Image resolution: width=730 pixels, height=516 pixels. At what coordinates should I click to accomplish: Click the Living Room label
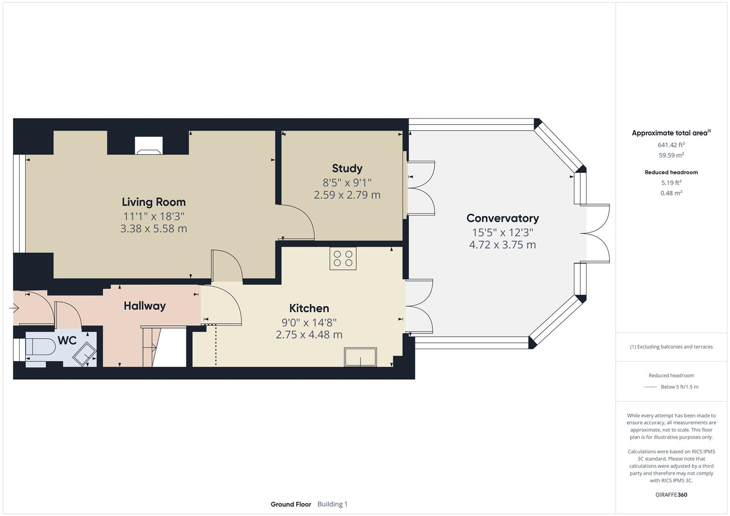153,202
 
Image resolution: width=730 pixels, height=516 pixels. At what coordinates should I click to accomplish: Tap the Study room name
347,168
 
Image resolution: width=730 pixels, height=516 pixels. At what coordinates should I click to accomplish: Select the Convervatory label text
502,218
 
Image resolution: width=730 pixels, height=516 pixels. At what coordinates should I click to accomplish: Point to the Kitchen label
309,308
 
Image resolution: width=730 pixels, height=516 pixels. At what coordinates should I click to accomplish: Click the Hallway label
144,306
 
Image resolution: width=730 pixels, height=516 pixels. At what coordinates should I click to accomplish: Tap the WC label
67,341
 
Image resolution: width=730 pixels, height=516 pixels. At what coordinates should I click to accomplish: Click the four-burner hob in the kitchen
343,258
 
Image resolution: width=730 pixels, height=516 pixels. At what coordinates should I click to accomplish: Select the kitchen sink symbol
360,357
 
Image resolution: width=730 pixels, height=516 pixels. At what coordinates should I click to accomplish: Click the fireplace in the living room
149,146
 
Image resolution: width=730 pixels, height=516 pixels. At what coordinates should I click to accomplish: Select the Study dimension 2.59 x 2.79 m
347,195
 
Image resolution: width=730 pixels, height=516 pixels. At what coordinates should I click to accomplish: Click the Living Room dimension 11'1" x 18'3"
153,216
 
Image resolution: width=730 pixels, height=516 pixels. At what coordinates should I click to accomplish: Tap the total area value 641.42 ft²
671,145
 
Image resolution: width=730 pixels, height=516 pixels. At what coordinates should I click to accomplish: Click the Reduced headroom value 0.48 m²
671,193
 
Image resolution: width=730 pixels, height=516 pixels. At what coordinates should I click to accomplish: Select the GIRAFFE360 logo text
671,494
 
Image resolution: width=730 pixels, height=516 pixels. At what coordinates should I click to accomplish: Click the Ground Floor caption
291,504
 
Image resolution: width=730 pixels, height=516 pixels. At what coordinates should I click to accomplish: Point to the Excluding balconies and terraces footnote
671,347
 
